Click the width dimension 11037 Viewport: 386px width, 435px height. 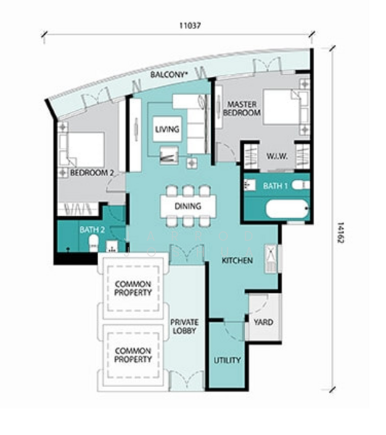[x=190, y=25]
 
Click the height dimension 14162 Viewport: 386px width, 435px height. [x=341, y=233]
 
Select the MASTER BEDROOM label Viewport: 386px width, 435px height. [x=242, y=109]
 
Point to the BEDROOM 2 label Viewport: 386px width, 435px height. [x=92, y=173]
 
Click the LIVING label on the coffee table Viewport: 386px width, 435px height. [x=167, y=129]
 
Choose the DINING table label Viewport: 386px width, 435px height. [x=188, y=206]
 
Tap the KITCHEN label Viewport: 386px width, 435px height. [x=237, y=260]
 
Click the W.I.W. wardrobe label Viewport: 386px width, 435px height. [x=277, y=156]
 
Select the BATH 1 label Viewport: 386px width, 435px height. [x=275, y=186]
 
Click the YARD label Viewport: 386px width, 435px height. [x=263, y=322]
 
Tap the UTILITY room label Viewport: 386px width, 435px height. [x=227, y=360]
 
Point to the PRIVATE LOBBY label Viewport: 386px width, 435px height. [x=184, y=326]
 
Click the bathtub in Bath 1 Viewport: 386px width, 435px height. [x=287, y=209]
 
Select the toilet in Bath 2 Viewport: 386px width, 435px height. [x=94, y=244]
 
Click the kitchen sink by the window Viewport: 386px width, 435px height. [x=271, y=259]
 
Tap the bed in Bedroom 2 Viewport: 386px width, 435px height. [x=82, y=150]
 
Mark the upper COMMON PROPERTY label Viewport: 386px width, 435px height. [x=133, y=289]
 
